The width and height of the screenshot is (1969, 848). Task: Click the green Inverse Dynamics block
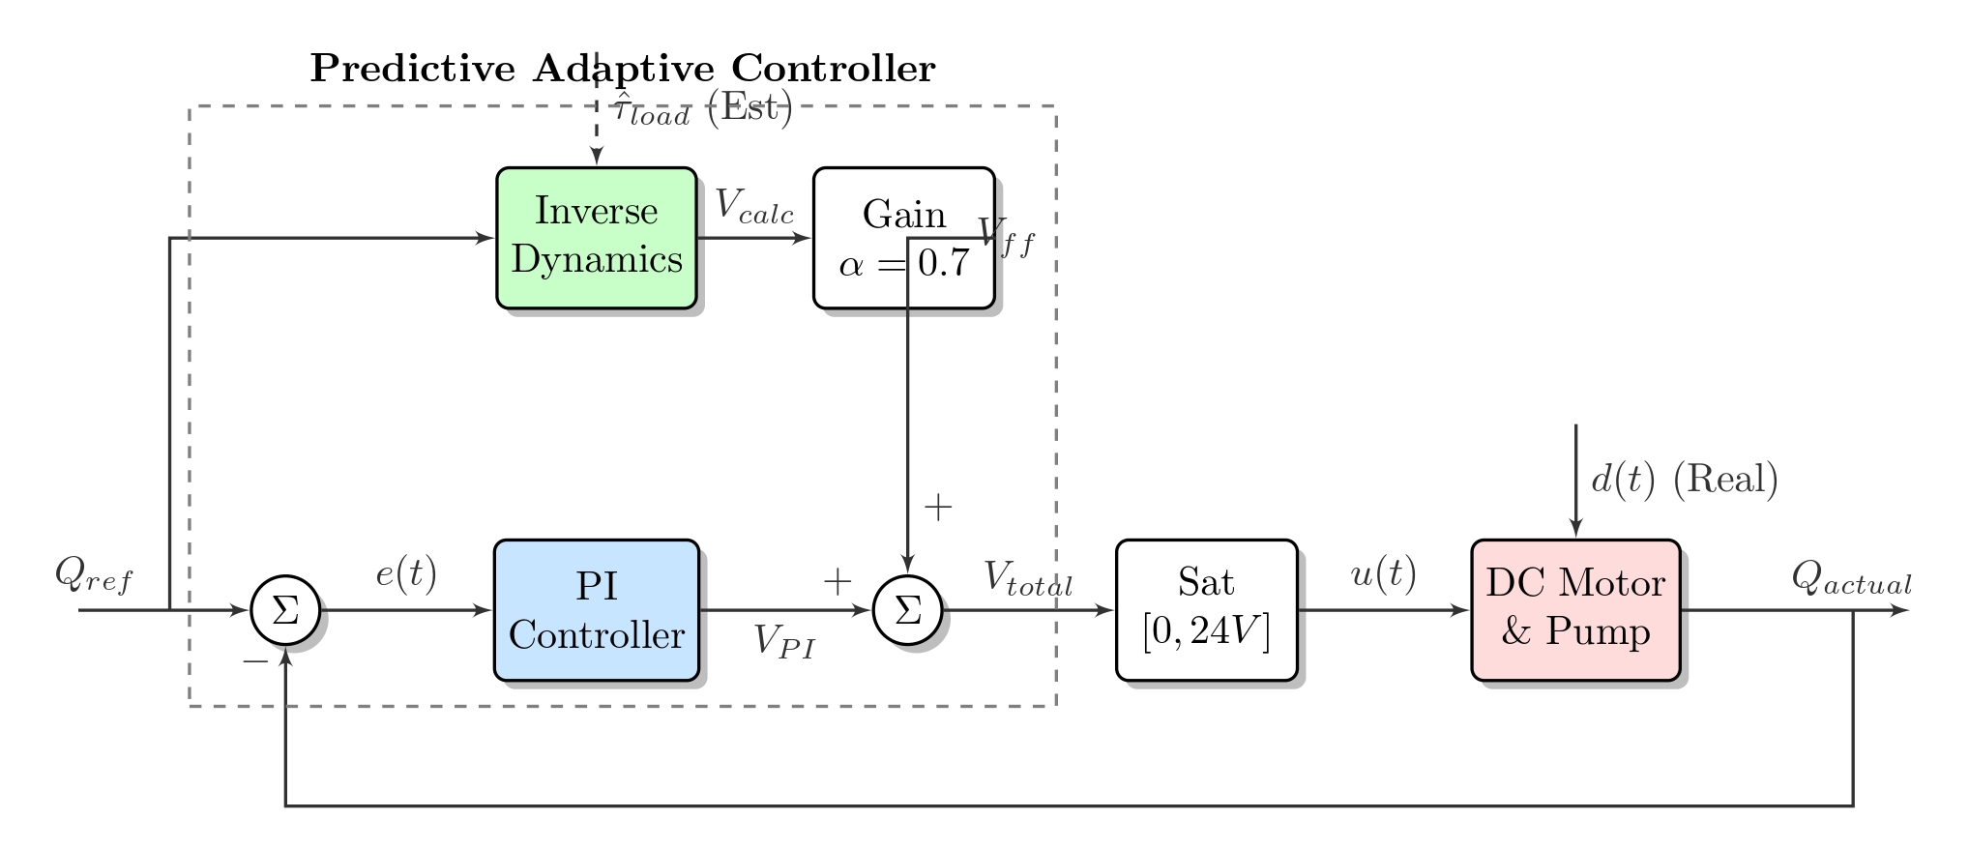[x=596, y=238]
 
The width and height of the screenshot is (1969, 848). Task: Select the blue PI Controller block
[x=596, y=610]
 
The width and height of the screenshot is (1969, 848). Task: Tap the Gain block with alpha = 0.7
[x=903, y=238]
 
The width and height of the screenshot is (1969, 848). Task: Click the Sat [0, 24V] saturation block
[x=1206, y=610]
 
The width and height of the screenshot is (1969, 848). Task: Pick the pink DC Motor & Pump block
[x=1575, y=610]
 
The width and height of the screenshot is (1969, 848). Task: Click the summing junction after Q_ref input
[x=285, y=610]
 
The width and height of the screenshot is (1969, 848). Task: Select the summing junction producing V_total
[x=907, y=610]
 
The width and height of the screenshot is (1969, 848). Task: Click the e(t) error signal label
[x=406, y=574]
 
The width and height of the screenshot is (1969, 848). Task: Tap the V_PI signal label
[x=784, y=642]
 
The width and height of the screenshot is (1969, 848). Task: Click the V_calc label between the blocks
[x=754, y=206]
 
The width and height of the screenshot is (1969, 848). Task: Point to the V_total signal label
[x=1028, y=578]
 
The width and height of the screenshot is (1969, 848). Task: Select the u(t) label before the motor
[x=1383, y=574]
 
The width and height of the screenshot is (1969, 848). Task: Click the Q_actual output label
[x=1851, y=578]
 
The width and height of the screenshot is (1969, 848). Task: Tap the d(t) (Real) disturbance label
[x=1684, y=480]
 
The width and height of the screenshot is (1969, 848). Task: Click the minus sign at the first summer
[x=255, y=661]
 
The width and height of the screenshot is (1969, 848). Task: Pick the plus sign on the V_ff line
[x=938, y=507]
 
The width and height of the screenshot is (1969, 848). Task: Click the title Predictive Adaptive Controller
[x=623, y=69]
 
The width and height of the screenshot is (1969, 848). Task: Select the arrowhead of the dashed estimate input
[x=598, y=159]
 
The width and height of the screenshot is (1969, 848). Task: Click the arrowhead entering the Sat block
[x=1105, y=610]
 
